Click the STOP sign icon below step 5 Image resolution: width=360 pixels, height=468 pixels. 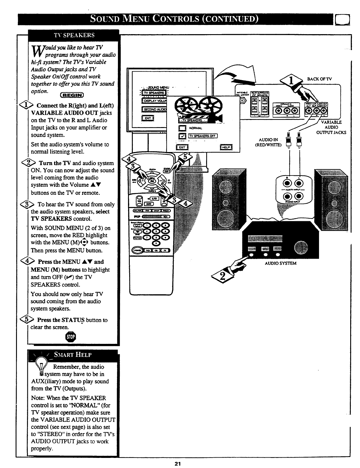point(72,337)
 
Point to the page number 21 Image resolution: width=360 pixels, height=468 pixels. point(178,464)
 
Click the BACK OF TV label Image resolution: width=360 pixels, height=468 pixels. point(320,79)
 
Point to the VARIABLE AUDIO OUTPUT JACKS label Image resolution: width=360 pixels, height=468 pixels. point(331,127)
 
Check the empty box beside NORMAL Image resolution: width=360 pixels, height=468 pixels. point(182,128)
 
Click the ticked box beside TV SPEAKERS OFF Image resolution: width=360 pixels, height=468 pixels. point(182,136)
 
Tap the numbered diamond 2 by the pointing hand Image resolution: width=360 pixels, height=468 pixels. point(221,277)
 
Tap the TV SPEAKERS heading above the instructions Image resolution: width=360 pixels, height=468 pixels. point(74,35)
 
